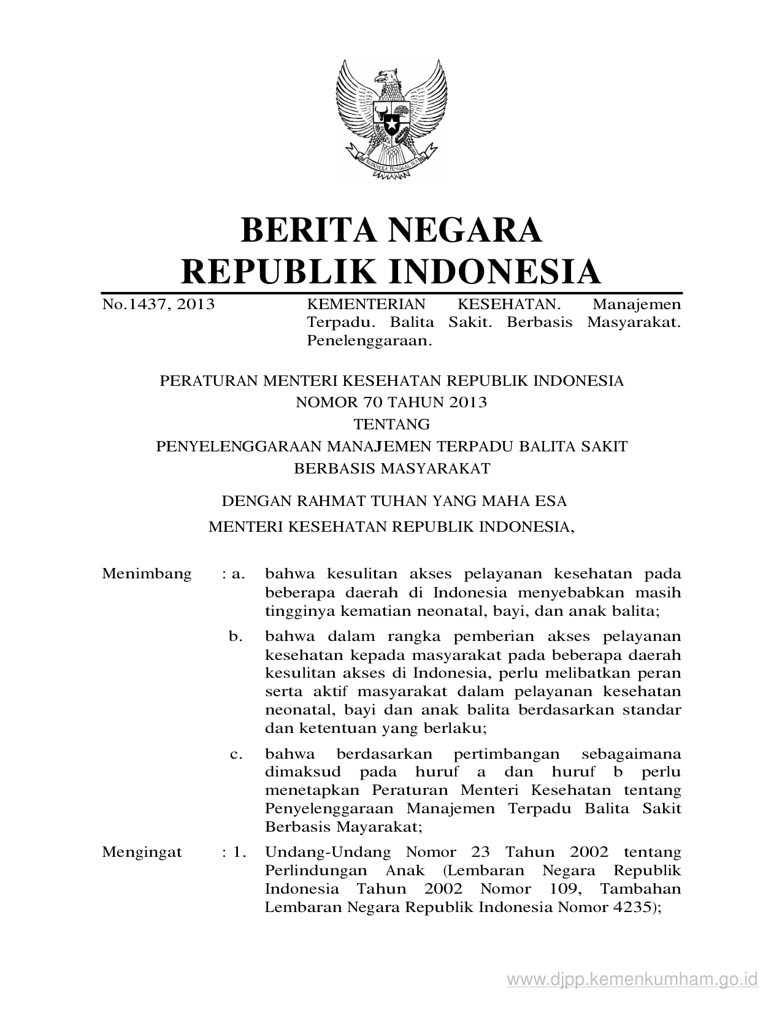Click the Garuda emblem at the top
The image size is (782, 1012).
[391, 119]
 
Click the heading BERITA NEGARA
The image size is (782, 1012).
[391, 229]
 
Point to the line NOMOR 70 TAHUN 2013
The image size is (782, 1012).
[391, 402]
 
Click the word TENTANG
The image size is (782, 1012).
[391, 424]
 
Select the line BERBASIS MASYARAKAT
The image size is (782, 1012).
[392, 469]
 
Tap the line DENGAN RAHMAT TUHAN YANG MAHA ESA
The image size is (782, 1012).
[394, 501]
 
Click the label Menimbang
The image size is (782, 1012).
[147, 574]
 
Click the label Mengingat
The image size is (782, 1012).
[142, 852]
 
